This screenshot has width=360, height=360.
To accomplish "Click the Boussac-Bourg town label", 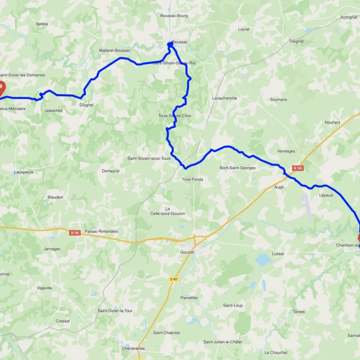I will (x=174, y=31).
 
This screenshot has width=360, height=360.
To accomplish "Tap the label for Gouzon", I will (x=187, y=252).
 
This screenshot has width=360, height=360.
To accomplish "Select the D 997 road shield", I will (x=173, y=279).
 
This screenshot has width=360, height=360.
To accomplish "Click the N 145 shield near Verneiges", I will (x=298, y=168).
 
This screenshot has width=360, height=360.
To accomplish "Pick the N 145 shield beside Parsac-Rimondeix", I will (x=75, y=232).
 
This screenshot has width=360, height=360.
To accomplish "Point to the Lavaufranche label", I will (x=224, y=98).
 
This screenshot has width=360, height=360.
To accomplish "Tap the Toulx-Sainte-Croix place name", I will (x=175, y=116).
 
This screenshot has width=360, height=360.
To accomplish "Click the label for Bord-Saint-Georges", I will (x=237, y=168).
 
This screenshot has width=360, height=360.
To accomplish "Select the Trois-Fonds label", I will (x=192, y=179).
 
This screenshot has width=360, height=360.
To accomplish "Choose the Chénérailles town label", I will (x=134, y=348).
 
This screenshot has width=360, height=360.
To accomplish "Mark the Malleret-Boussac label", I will (x=114, y=51).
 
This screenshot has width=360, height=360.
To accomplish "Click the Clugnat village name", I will (x=87, y=105).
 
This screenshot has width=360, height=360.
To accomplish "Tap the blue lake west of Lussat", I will (x=262, y=259).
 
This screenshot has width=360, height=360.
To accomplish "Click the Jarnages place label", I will (x=51, y=248).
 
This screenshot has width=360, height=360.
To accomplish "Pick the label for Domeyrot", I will (x=111, y=170).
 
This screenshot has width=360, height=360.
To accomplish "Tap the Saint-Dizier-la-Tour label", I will (x=115, y=310).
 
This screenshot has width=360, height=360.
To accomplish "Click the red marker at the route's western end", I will (x=1, y=88).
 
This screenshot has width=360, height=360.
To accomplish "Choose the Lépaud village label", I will (x=326, y=195).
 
